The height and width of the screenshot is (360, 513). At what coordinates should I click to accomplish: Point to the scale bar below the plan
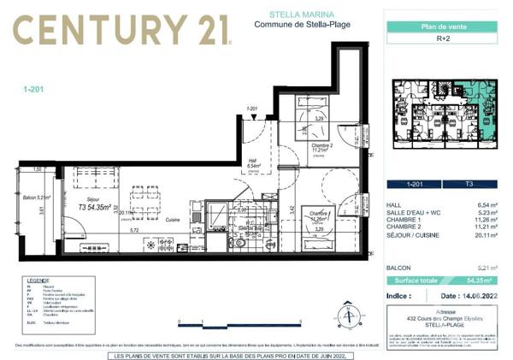(240, 322)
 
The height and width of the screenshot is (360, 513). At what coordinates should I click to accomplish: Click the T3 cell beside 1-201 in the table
(469, 184)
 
